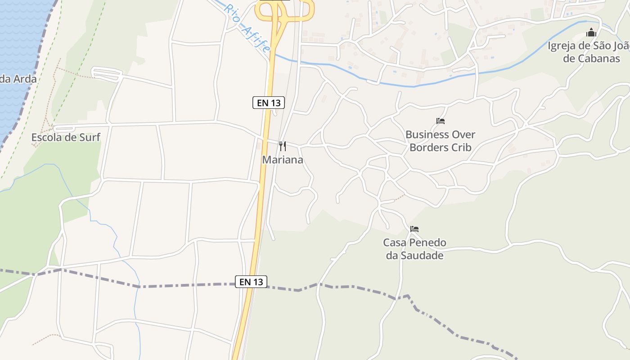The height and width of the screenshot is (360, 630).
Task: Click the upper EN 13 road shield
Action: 269,103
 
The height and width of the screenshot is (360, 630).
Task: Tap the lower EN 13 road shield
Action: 251,282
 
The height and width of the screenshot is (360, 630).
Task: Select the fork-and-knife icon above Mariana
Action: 283,146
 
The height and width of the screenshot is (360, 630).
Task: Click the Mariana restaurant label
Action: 283,160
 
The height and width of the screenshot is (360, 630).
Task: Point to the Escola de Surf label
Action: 66,138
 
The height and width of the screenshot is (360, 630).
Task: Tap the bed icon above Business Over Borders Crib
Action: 441,121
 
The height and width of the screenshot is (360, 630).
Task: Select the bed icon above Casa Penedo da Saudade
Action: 414,229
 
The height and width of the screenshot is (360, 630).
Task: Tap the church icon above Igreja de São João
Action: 591,32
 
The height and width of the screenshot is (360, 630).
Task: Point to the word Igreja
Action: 562,46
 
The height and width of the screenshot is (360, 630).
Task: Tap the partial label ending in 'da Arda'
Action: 18,79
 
